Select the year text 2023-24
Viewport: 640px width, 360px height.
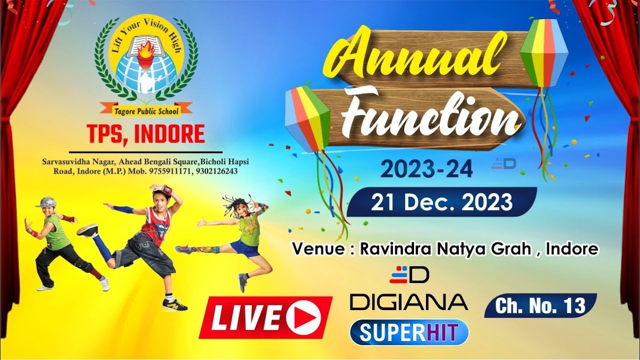tap(426, 169)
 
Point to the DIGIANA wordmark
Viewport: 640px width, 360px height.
tap(408, 302)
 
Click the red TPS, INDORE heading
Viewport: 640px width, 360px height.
tap(145, 134)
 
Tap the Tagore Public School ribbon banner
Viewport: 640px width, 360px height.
tap(146, 106)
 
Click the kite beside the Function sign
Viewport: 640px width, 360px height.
tap(307, 119)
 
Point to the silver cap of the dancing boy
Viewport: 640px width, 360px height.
tap(46, 202)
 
